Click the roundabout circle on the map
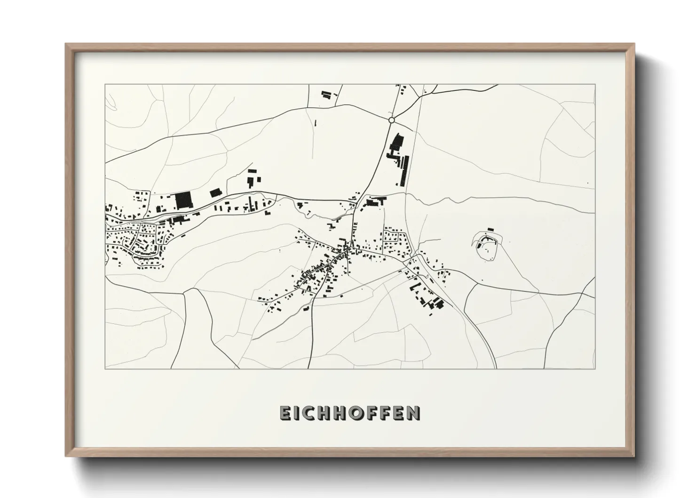pos(391,120)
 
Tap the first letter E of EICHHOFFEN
pos(286,413)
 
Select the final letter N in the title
pos(413,413)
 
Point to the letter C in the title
pos(313,413)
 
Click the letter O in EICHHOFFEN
pos(356,413)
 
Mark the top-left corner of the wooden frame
pos(66,44)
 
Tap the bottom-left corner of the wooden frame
pos(66,456)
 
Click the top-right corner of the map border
pos(595,85)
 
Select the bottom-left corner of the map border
pos(105,369)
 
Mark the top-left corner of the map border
pos(105,85)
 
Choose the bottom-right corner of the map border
pos(595,369)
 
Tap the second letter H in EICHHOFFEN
pos(341,413)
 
